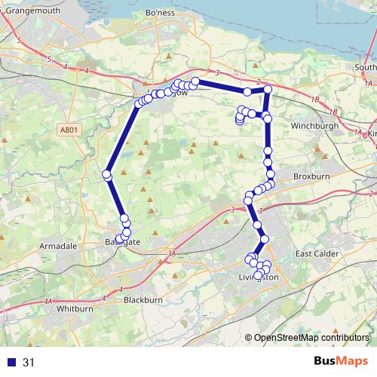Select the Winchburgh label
pyautogui.click(x=311, y=125)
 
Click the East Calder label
pyautogui.click(x=320, y=253)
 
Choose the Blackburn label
pyautogui.click(x=144, y=299)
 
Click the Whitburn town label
pyautogui.click(x=74, y=309)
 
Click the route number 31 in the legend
pyautogui.click(x=29, y=363)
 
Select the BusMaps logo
pyautogui.click(x=338, y=361)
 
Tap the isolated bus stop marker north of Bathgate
pyautogui.click(x=107, y=176)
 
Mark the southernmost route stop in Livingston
pyautogui.click(x=259, y=276)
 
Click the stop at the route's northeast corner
pyautogui.click(x=268, y=90)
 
